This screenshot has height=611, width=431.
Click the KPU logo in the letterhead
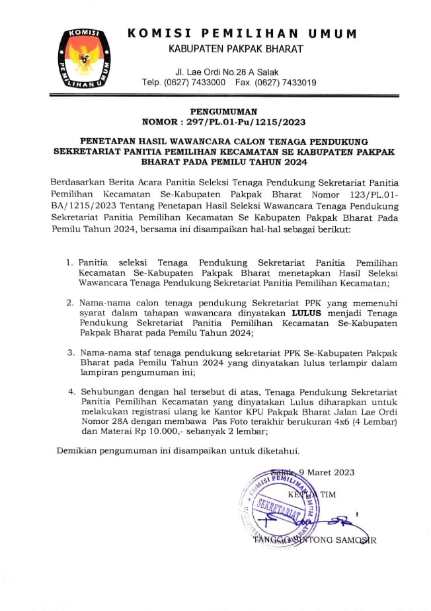(x=81, y=59)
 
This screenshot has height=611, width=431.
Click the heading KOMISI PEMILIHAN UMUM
(x=241, y=33)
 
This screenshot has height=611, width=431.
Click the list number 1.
(x=69, y=263)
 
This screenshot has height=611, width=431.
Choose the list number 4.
(x=69, y=391)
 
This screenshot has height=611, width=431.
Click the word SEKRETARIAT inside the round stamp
(x=278, y=508)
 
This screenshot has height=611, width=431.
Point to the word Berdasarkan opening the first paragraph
(x=80, y=182)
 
